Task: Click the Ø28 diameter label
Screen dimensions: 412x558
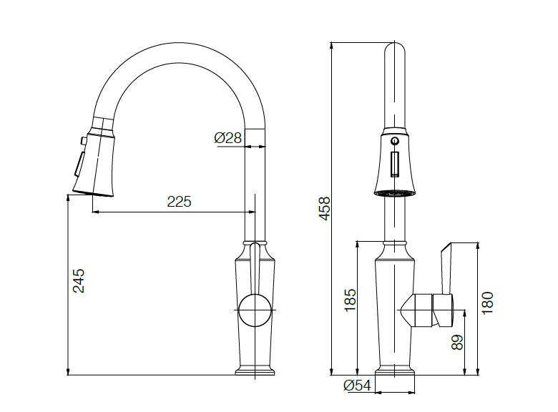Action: (x=228, y=139)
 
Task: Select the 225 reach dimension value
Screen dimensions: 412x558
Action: (x=179, y=202)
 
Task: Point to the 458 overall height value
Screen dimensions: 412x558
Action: (x=325, y=208)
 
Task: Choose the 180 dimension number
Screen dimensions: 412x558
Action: (x=488, y=302)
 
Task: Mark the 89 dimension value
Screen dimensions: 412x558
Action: (x=459, y=342)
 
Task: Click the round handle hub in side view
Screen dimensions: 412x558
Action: (x=254, y=311)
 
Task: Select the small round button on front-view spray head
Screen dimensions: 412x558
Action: (x=394, y=141)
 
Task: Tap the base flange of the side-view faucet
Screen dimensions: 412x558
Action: (x=255, y=371)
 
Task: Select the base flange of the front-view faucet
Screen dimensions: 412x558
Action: (x=394, y=371)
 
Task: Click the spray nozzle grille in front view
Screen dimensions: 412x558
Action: (x=394, y=192)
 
